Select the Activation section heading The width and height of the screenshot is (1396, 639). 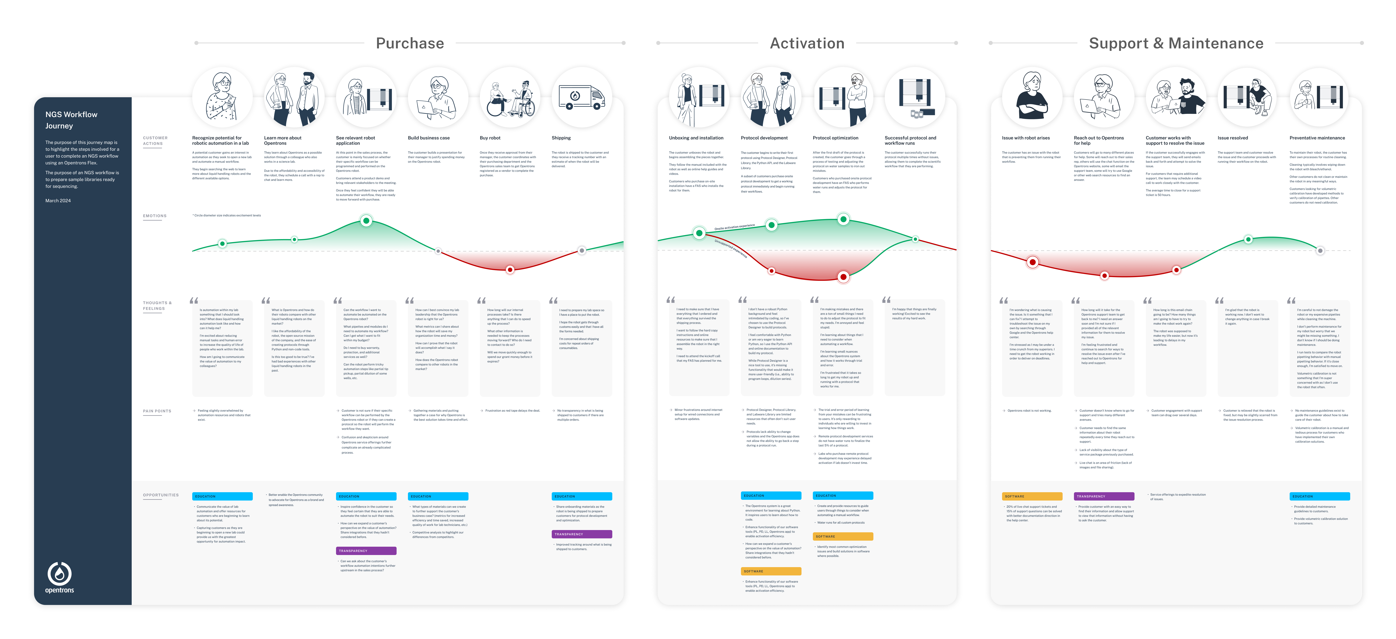click(807, 43)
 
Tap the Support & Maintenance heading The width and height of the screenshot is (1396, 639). click(1176, 43)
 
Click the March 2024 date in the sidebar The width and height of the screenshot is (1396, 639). click(58, 201)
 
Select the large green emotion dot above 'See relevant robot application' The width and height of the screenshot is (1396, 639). click(366, 221)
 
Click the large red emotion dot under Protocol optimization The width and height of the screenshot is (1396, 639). click(843, 277)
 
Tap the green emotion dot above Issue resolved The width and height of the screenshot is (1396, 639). click(1248, 239)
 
